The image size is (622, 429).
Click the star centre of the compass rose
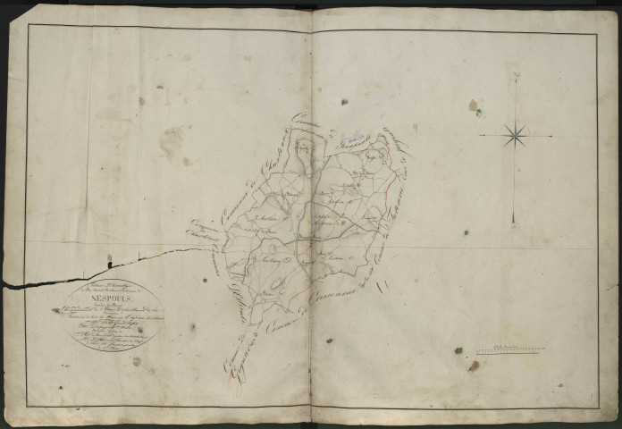coord(515,136)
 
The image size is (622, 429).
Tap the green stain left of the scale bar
coord(458,350)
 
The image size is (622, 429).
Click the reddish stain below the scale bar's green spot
coord(474,366)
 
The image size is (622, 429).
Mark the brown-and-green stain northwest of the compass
coord(475,107)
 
